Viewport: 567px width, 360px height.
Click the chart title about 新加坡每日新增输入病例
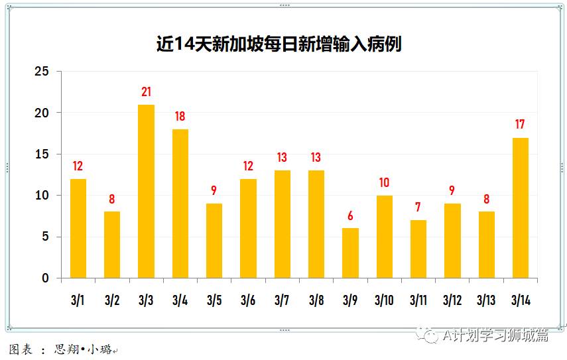coord(279,44)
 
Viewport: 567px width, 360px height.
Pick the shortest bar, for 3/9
coord(350,253)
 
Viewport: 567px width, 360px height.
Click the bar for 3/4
coord(180,204)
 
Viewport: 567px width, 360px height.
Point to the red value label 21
coord(146,92)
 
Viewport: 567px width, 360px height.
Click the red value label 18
coord(180,117)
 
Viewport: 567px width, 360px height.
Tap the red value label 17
coord(521,125)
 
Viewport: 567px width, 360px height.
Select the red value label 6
coord(350,216)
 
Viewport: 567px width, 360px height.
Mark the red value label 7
coord(418,208)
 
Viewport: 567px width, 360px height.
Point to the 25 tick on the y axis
coord(42,72)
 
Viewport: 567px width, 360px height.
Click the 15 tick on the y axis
coord(42,154)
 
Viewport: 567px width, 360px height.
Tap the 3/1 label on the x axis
coord(78,300)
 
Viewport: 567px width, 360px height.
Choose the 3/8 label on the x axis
coord(316,300)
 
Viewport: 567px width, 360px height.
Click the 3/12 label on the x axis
coord(452,300)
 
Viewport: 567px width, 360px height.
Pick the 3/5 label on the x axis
coord(214,300)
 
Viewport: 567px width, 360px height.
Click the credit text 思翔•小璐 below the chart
coord(84,349)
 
